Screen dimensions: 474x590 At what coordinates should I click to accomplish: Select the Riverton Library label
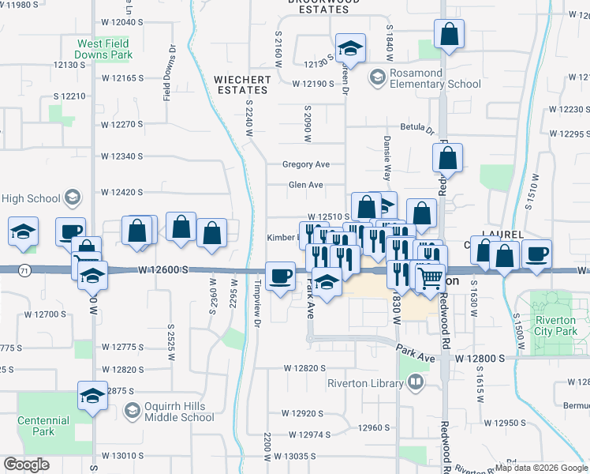coord(365,384)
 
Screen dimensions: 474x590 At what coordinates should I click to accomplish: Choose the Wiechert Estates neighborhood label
coord(243,85)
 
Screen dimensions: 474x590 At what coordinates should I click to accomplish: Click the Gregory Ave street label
coord(305,164)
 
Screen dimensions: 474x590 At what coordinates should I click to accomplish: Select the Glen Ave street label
coord(306,185)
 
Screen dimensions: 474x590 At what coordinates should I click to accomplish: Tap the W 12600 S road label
coord(162,270)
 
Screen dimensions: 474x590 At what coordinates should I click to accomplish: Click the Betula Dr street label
coord(417,128)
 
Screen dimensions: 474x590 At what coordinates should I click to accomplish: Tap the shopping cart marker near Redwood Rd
coord(430,277)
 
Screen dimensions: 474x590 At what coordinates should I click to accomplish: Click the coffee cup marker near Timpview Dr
coord(281,276)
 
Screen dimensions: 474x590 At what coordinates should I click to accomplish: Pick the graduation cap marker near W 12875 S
coord(92,395)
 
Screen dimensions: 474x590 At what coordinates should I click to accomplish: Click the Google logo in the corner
coord(27,464)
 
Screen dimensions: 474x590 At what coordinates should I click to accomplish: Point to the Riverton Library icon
coord(416,384)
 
